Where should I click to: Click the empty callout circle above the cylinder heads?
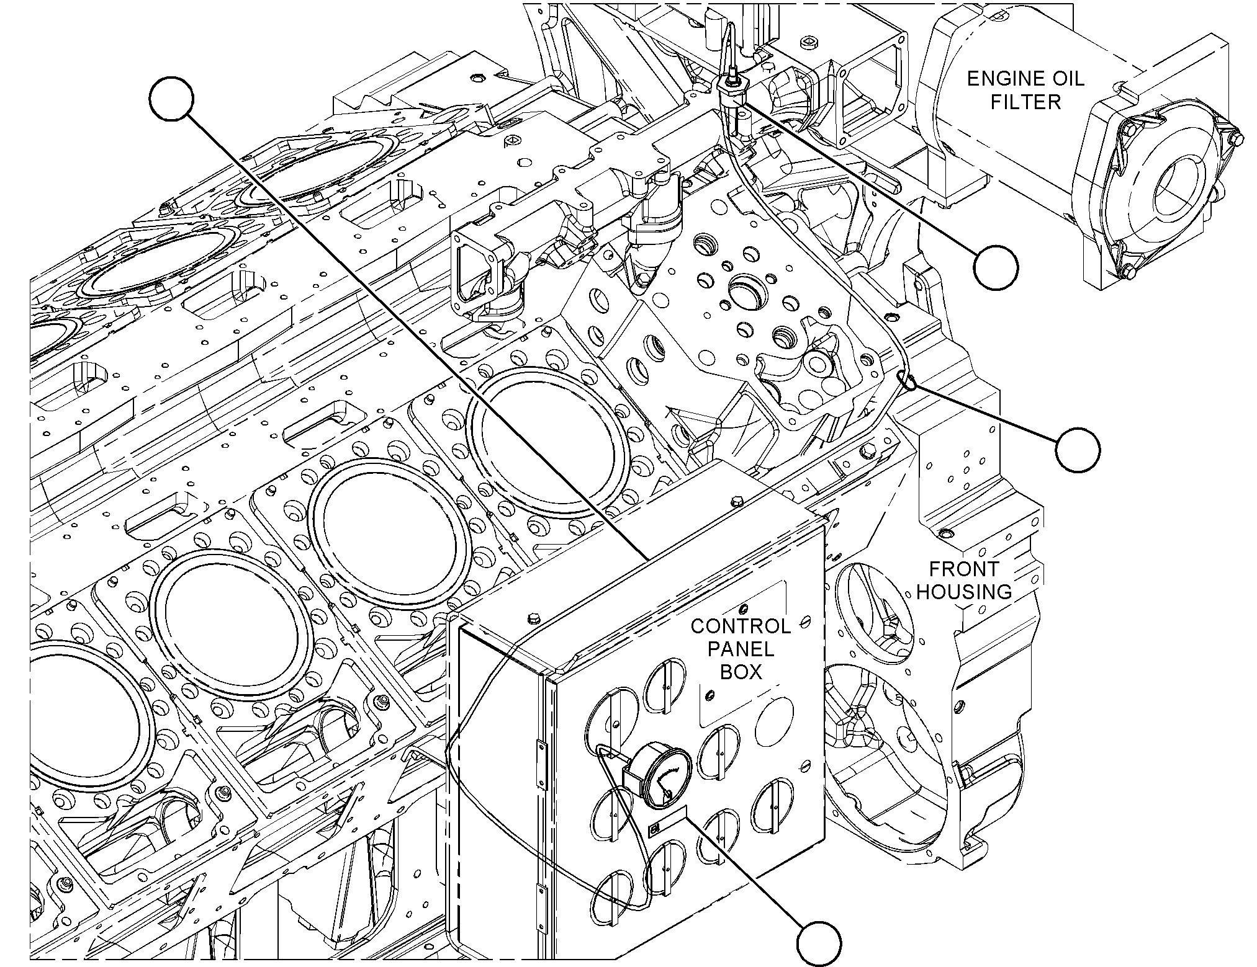tap(171, 99)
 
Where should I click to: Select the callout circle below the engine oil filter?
tap(996, 267)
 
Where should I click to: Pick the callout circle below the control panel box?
tap(819, 944)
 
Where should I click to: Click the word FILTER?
tap(1026, 102)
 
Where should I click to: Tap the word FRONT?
tap(964, 568)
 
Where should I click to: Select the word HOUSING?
tap(964, 592)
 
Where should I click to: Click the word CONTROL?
tap(741, 626)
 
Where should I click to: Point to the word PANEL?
tap(741, 649)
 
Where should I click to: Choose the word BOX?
tap(741, 672)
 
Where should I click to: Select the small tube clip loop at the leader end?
tap(907, 381)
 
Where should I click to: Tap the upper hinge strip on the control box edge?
tap(538, 758)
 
